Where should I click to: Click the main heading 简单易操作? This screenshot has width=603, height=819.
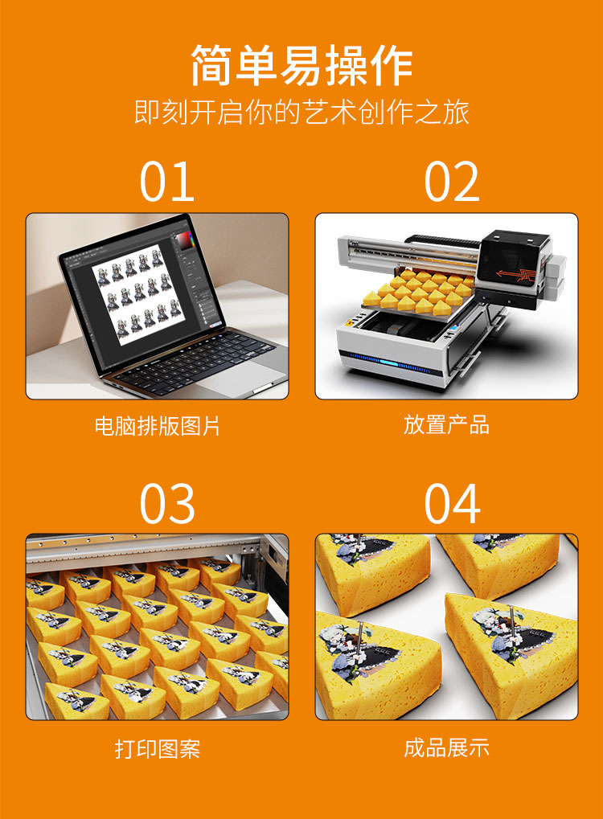[301, 66]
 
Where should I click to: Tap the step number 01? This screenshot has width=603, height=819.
[166, 182]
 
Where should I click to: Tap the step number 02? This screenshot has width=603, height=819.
[452, 182]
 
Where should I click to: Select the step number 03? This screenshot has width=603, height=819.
[166, 504]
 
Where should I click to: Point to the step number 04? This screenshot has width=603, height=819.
[452, 504]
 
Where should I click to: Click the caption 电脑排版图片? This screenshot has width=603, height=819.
[157, 425]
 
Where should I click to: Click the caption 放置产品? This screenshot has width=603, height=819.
[446, 424]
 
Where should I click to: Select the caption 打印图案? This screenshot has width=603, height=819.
[157, 749]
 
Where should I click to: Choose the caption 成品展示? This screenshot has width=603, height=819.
[446, 748]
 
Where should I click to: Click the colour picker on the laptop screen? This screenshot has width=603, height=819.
[187, 239]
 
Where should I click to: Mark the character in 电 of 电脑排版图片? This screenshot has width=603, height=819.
[104, 425]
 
